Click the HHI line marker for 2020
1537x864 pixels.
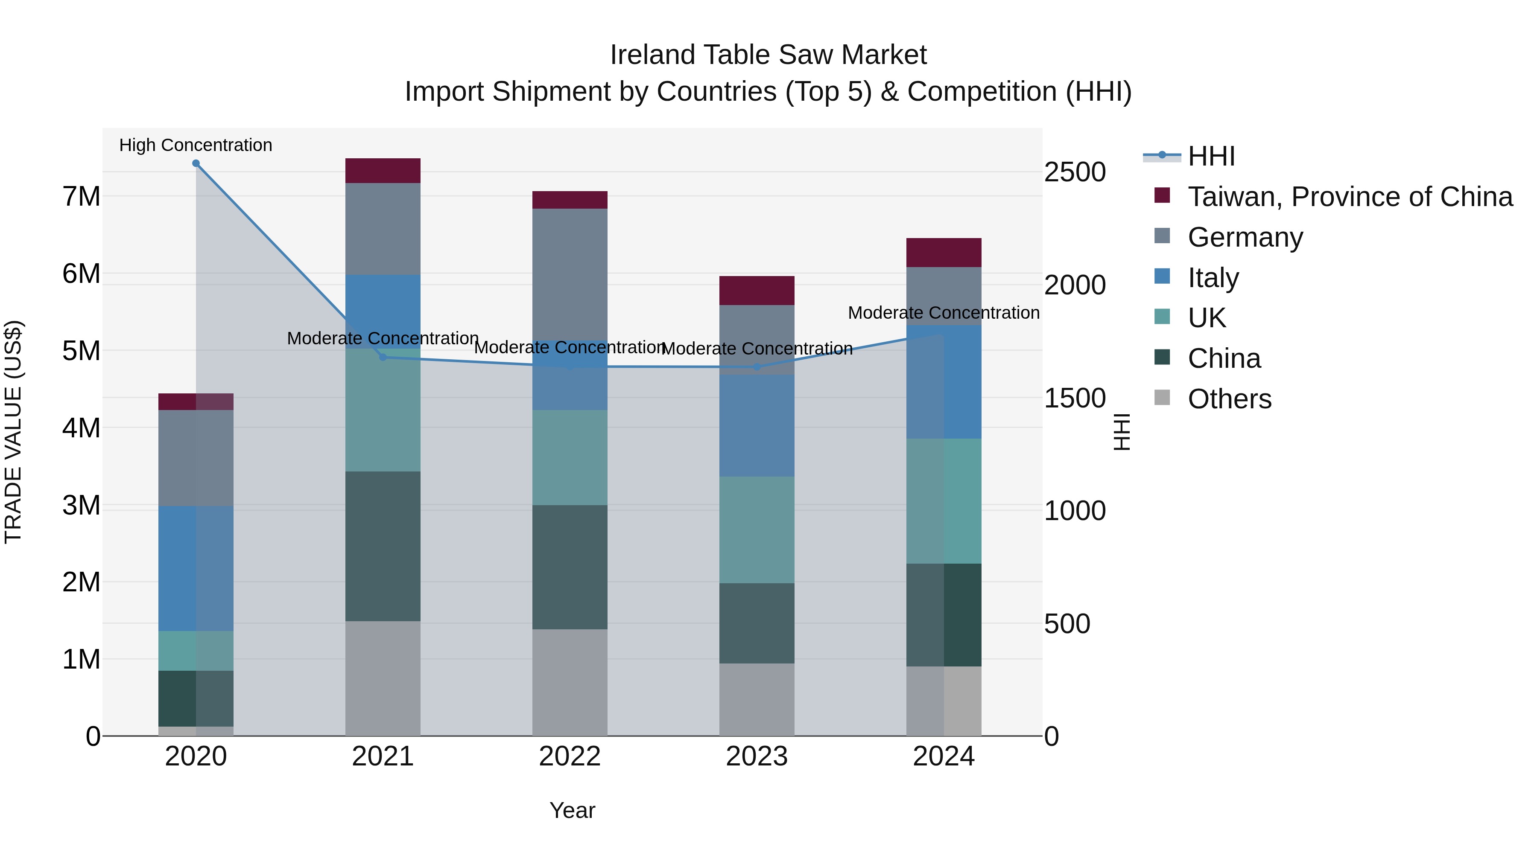(196, 163)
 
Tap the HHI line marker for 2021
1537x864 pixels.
(383, 357)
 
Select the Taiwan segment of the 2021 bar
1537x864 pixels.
(383, 171)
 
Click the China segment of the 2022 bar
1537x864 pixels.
(570, 567)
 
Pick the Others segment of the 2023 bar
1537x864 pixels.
(757, 699)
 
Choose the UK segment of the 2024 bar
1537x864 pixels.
(944, 501)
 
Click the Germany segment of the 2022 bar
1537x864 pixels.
(570, 274)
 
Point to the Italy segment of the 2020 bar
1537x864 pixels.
(196, 568)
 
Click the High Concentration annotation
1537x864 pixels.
(196, 145)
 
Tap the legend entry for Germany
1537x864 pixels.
(1245, 237)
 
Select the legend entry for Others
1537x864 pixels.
(1229, 399)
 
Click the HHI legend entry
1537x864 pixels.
(1211, 156)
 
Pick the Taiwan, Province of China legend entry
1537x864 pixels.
(1350, 197)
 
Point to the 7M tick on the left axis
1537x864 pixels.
(82, 196)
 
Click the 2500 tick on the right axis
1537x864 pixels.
(1075, 172)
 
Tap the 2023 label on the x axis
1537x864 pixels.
(757, 756)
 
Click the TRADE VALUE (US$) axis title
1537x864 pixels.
(13, 432)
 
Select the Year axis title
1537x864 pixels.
(572, 810)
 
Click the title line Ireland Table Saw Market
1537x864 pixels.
(768, 55)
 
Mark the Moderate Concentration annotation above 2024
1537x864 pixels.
(943, 312)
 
